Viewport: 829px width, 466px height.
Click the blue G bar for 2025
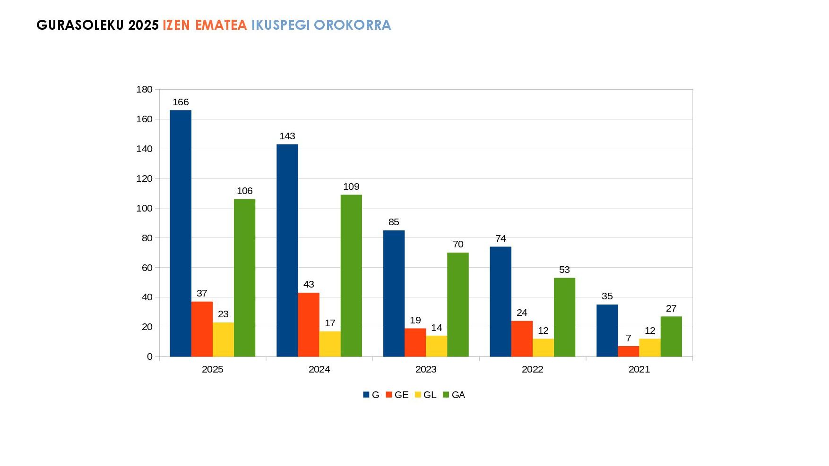[x=181, y=233]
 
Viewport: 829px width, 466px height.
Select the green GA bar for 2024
[x=351, y=276]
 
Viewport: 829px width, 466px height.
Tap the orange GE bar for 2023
[x=415, y=342]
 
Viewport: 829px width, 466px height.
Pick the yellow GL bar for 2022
[x=543, y=347]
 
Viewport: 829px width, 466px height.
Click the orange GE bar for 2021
[x=629, y=351]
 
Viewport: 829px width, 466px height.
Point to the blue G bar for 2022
[x=501, y=302]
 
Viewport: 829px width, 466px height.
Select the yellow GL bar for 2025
[x=223, y=339]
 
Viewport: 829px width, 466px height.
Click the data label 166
[x=181, y=102]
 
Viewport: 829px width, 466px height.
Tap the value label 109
[x=351, y=186]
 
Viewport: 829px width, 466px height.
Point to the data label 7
[x=629, y=338]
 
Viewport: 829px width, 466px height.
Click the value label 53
[x=564, y=270]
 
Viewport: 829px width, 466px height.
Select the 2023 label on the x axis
[x=426, y=369]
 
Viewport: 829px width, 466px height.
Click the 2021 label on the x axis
[x=639, y=369]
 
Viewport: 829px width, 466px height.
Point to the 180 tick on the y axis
[x=144, y=89]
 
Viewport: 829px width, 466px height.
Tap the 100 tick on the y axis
[x=144, y=208]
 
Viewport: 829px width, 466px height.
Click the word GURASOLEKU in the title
[x=80, y=25]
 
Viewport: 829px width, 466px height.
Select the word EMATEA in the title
[x=221, y=25]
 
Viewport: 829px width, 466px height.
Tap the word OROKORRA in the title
[x=352, y=25]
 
